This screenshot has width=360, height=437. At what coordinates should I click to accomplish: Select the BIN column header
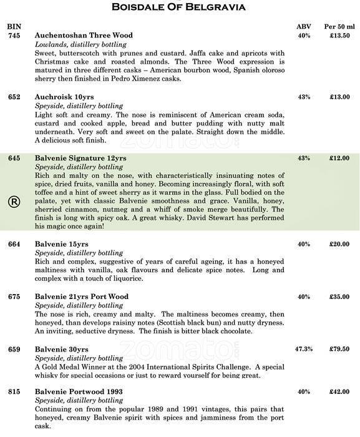pos(13,27)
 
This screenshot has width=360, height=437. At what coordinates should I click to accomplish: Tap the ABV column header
pos(304,27)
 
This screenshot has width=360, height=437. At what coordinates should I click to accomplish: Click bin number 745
pos(14,36)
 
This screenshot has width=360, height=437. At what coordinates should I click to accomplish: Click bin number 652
pos(14,97)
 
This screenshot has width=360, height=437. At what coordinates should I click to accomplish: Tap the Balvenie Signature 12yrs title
pos(80,159)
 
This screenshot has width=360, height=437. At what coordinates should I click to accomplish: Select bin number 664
pos(14,244)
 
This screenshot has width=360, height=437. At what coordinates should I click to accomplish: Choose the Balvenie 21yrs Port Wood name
pos(82,297)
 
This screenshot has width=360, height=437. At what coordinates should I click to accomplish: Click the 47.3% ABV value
pos(304,349)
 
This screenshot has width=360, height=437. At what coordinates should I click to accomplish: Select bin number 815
pos(14,391)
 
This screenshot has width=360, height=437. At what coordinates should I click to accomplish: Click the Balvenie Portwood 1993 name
pos(79,391)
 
